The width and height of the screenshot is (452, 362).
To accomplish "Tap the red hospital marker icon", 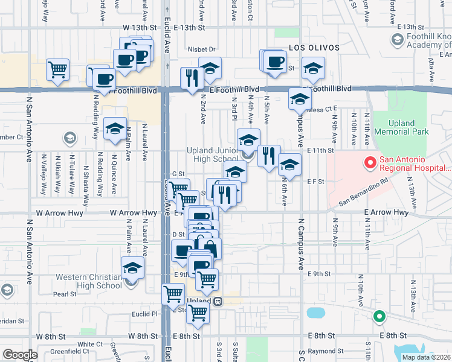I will coord(369,163).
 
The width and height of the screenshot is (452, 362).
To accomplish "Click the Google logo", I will coord(20,355).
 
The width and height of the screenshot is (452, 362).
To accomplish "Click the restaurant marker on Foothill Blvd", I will coord(192,78).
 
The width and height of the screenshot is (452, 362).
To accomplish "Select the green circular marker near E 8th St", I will coord(379,316).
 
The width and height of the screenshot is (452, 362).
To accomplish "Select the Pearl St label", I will coord(65,294).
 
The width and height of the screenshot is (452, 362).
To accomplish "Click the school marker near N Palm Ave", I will coord(115,129).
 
